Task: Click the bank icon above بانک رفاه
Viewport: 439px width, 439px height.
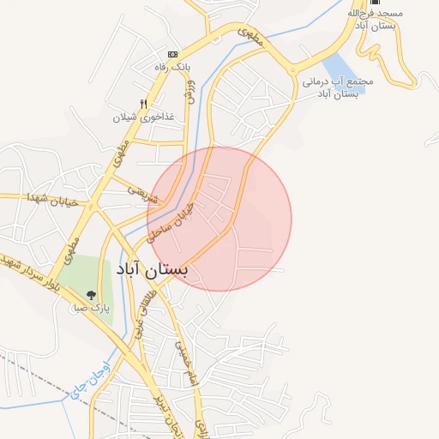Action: click(x=171, y=53)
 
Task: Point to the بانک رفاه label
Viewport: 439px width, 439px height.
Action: click(x=171, y=67)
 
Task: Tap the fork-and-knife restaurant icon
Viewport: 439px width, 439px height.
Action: click(x=154, y=103)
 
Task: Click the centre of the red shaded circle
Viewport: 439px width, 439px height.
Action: click(x=219, y=219)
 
